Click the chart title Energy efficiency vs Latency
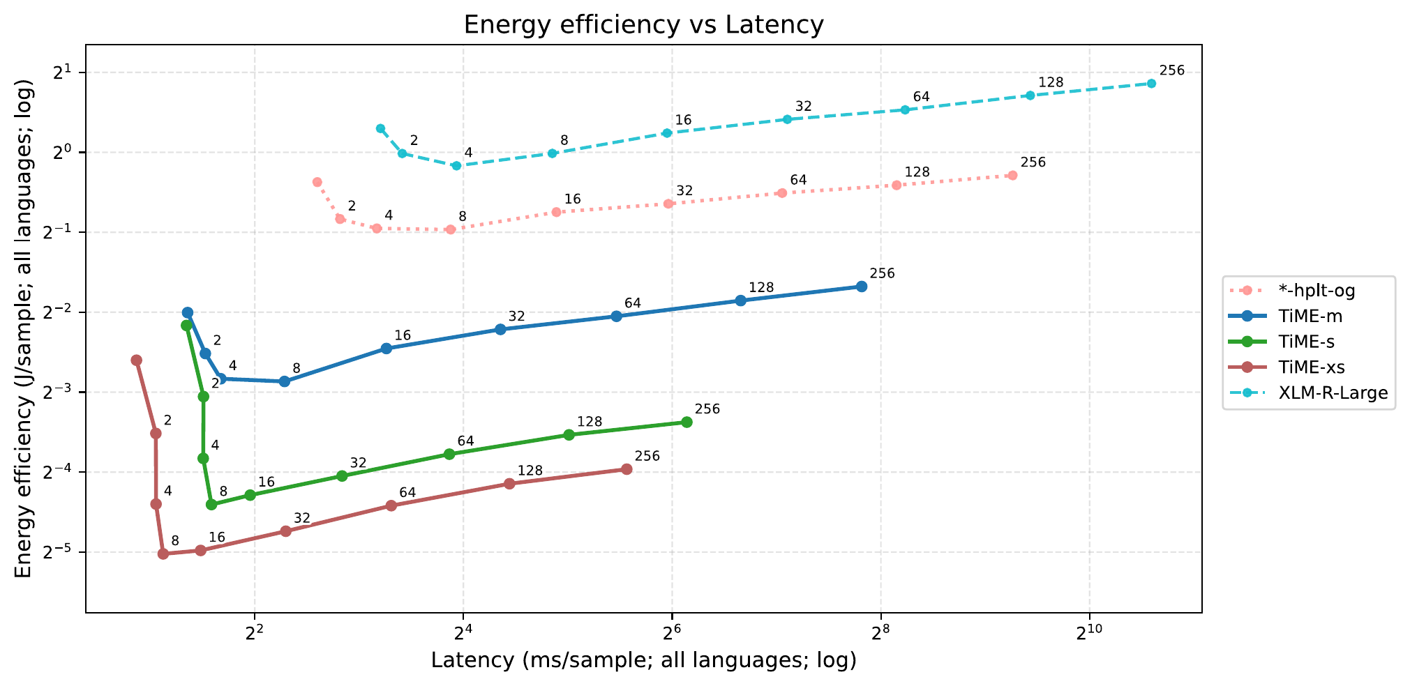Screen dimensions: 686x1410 (643, 25)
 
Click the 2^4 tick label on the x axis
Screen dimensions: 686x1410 (463, 633)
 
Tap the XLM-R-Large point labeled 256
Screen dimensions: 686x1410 (1151, 84)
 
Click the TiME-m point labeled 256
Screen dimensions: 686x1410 (862, 287)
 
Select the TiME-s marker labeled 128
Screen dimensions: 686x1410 (569, 434)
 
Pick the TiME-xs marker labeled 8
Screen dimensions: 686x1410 (163, 554)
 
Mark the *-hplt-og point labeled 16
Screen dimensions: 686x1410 (556, 212)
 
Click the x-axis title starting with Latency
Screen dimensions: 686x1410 (643, 660)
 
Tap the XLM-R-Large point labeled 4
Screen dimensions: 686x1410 (456, 166)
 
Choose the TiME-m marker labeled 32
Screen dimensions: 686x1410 (500, 329)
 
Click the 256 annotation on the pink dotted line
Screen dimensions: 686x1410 (1033, 162)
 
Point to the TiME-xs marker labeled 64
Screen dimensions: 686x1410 (391, 505)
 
